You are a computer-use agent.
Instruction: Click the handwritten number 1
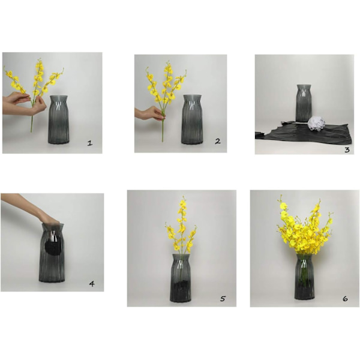90,143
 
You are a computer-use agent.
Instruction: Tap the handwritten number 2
218,141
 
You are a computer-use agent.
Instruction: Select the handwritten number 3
347,150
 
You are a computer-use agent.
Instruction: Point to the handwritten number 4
92,284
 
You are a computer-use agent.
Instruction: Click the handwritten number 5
223,298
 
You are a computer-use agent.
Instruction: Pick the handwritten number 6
345,299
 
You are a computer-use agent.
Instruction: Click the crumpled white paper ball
316,124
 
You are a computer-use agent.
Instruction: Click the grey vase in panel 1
59,119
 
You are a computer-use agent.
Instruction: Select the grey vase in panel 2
192,119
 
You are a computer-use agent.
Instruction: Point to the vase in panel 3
304,103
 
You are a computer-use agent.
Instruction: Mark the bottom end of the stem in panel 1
31,132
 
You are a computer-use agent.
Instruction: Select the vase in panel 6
304,277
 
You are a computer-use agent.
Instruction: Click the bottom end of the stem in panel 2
163,141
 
